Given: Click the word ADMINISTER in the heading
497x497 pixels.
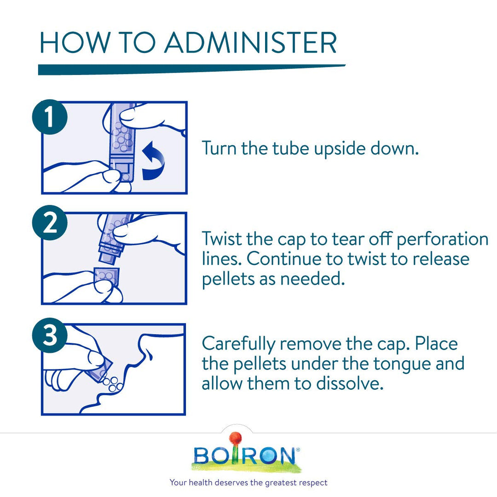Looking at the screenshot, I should point(251,42).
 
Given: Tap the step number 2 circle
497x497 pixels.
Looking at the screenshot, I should point(50,225).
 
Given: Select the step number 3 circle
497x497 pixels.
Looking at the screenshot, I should point(50,336).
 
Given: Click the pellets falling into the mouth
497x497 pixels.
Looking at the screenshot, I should point(111,384).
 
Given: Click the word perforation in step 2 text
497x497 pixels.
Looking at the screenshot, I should point(442,239).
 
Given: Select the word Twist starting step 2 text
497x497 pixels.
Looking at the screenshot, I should point(220,239).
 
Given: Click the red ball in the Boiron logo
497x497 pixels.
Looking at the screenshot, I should point(235,438).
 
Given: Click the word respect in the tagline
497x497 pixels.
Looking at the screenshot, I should point(312,483).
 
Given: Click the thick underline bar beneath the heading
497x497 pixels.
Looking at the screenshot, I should point(191,69).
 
